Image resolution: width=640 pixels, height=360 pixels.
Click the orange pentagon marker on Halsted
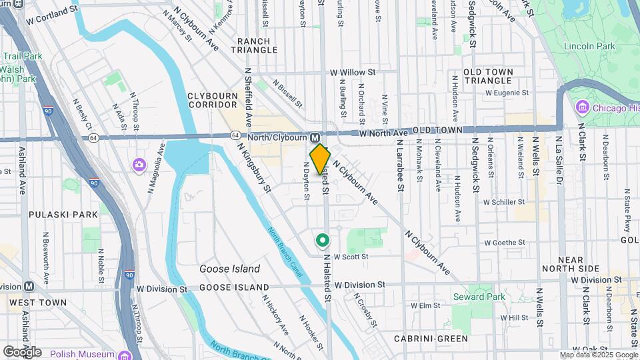coord(320,159)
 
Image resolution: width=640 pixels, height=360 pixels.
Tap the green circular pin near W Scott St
coord(323,239)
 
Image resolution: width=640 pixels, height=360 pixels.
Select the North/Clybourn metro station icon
coord(315,137)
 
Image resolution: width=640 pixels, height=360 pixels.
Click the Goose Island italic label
coord(229,269)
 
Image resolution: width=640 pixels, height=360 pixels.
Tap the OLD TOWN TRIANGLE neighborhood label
coord(488,76)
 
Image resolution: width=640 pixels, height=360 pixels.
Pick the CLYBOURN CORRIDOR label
coord(213,100)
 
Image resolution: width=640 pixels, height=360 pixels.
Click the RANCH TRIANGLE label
coord(254,45)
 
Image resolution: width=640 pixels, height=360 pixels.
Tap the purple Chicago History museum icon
coord(581,108)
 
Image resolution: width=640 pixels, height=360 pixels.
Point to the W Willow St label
coord(353,72)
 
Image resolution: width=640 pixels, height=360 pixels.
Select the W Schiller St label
coord(505,201)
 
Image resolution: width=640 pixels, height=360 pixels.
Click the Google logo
coord(22,352)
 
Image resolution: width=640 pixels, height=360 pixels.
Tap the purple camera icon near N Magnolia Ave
coord(139,164)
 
